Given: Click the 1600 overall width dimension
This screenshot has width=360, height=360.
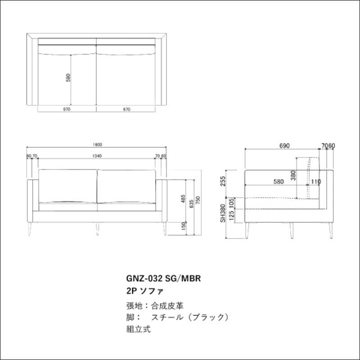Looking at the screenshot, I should [x=97, y=145].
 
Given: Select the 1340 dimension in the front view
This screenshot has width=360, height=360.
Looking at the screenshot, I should [x=97, y=156].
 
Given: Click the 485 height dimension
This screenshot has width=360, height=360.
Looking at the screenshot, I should [x=184, y=198].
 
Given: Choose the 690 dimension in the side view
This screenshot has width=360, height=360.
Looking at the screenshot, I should [x=284, y=145].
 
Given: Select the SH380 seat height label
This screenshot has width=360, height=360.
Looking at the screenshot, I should [x=222, y=214].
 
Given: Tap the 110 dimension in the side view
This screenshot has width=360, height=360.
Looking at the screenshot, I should [x=315, y=182].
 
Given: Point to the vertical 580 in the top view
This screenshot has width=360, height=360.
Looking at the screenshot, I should [x=68, y=78].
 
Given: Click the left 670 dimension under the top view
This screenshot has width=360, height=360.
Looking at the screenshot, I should [x=67, y=109].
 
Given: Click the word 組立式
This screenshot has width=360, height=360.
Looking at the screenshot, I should [x=139, y=329].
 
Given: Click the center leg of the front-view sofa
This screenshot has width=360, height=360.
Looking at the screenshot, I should [x=97, y=228].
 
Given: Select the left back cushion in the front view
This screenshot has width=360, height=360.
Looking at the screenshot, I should [x=68, y=185].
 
